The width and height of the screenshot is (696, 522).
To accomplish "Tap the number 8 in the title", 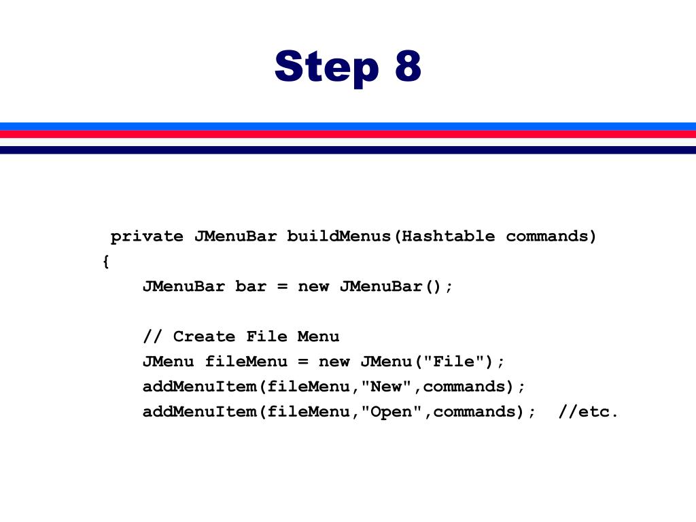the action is tap(406, 67).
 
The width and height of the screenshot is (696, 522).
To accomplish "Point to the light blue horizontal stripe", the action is tap(348, 126).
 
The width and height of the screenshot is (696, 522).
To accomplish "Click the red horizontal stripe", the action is tap(348, 134).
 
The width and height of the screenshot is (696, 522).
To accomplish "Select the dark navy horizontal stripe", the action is tap(348, 150).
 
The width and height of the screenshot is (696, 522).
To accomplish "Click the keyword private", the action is tap(147, 237).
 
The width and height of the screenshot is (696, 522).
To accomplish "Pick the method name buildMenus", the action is tap(339, 237).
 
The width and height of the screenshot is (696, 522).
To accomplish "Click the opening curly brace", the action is tap(105, 262).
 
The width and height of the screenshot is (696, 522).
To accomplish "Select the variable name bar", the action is tap(251, 286).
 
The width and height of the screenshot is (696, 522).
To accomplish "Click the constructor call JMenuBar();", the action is tap(396, 286).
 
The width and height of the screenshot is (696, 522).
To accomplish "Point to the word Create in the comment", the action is tap(204, 336).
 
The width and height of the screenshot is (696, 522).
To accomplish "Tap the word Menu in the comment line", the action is tap(318, 336).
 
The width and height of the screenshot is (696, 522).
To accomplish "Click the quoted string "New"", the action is tap(386, 386).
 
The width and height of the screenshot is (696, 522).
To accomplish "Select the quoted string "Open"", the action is tap(391, 411).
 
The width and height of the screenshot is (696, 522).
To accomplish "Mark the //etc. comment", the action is tap(589, 411).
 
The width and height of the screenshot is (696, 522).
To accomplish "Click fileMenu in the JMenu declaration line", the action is tap(235, 361).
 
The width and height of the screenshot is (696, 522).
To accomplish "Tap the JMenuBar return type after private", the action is tap(235, 237).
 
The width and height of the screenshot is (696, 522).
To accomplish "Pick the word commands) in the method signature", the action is tap(551, 237).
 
